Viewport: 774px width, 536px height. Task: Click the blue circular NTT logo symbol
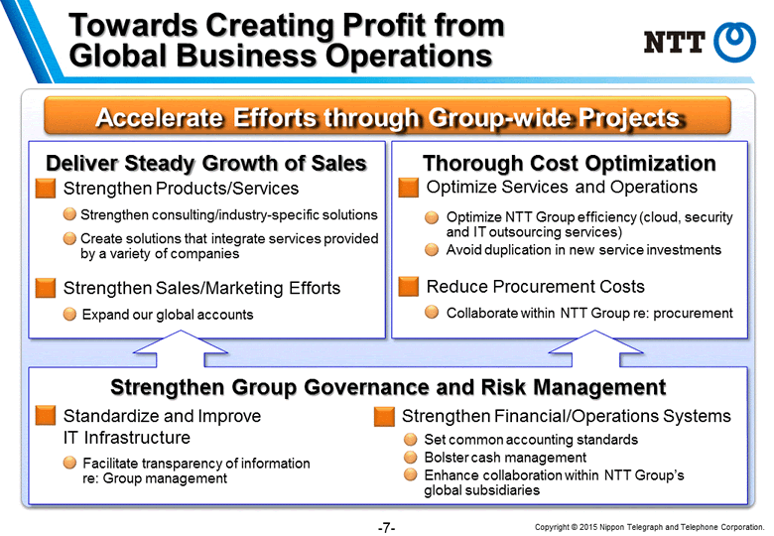click(734, 43)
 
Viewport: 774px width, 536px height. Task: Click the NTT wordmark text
click(675, 42)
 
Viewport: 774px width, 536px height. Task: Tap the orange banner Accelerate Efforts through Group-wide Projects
click(387, 116)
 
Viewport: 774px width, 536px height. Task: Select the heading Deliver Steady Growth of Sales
click(206, 163)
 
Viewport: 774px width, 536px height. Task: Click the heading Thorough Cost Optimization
click(570, 163)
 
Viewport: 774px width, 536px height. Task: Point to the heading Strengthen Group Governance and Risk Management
click(388, 387)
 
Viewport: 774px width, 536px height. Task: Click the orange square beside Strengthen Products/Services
click(46, 188)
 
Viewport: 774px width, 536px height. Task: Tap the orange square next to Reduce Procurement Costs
click(408, 286)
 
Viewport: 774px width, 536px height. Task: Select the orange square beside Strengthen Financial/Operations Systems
click(385, 416)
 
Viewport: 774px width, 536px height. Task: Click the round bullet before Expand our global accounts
click(70, 314)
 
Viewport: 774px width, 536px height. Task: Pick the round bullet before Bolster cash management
click(410, 457)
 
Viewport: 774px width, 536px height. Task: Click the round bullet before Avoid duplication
click(432, 250)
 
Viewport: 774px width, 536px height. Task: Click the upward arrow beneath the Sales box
click(181, 348)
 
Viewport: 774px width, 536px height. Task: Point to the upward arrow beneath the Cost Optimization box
click(595, 348)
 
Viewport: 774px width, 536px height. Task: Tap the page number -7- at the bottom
click(387, 528)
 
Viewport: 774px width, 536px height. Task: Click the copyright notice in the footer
click(650, 527)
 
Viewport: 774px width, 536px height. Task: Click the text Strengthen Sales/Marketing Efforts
click(201, 288)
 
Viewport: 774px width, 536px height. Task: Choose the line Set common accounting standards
click(531, 440)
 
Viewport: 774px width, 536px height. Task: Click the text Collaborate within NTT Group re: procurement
click(589, 313)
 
